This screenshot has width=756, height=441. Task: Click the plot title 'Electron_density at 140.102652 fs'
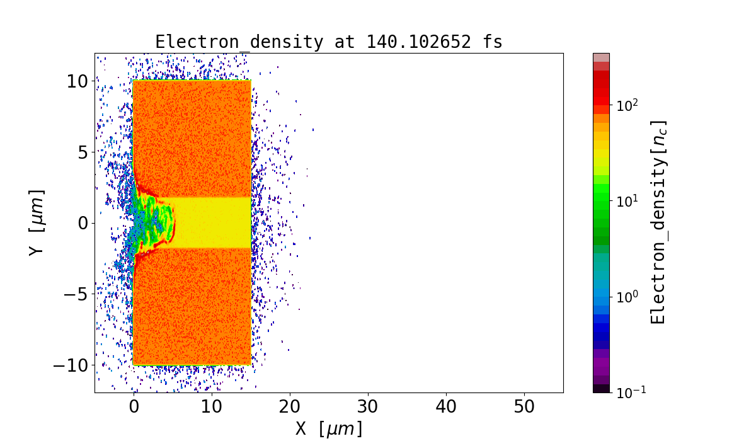coord(329,42)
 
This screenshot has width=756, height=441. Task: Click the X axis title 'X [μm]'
coord(329,428)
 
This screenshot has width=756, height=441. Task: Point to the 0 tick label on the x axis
coord(134,407)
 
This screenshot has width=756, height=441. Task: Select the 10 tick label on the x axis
coord(212,407)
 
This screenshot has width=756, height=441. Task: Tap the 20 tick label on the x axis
coord(290,407)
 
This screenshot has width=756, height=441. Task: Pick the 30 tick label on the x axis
coord(368,407)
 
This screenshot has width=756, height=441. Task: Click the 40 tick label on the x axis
coord(446,407)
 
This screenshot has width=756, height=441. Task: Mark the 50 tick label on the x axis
coord(524,407)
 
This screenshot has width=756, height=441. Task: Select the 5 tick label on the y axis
coord(82,152)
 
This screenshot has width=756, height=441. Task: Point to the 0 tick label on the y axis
coord(82,223)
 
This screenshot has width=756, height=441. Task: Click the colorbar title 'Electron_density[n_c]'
coord(658,222)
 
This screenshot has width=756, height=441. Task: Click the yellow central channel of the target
coord(211,222)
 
